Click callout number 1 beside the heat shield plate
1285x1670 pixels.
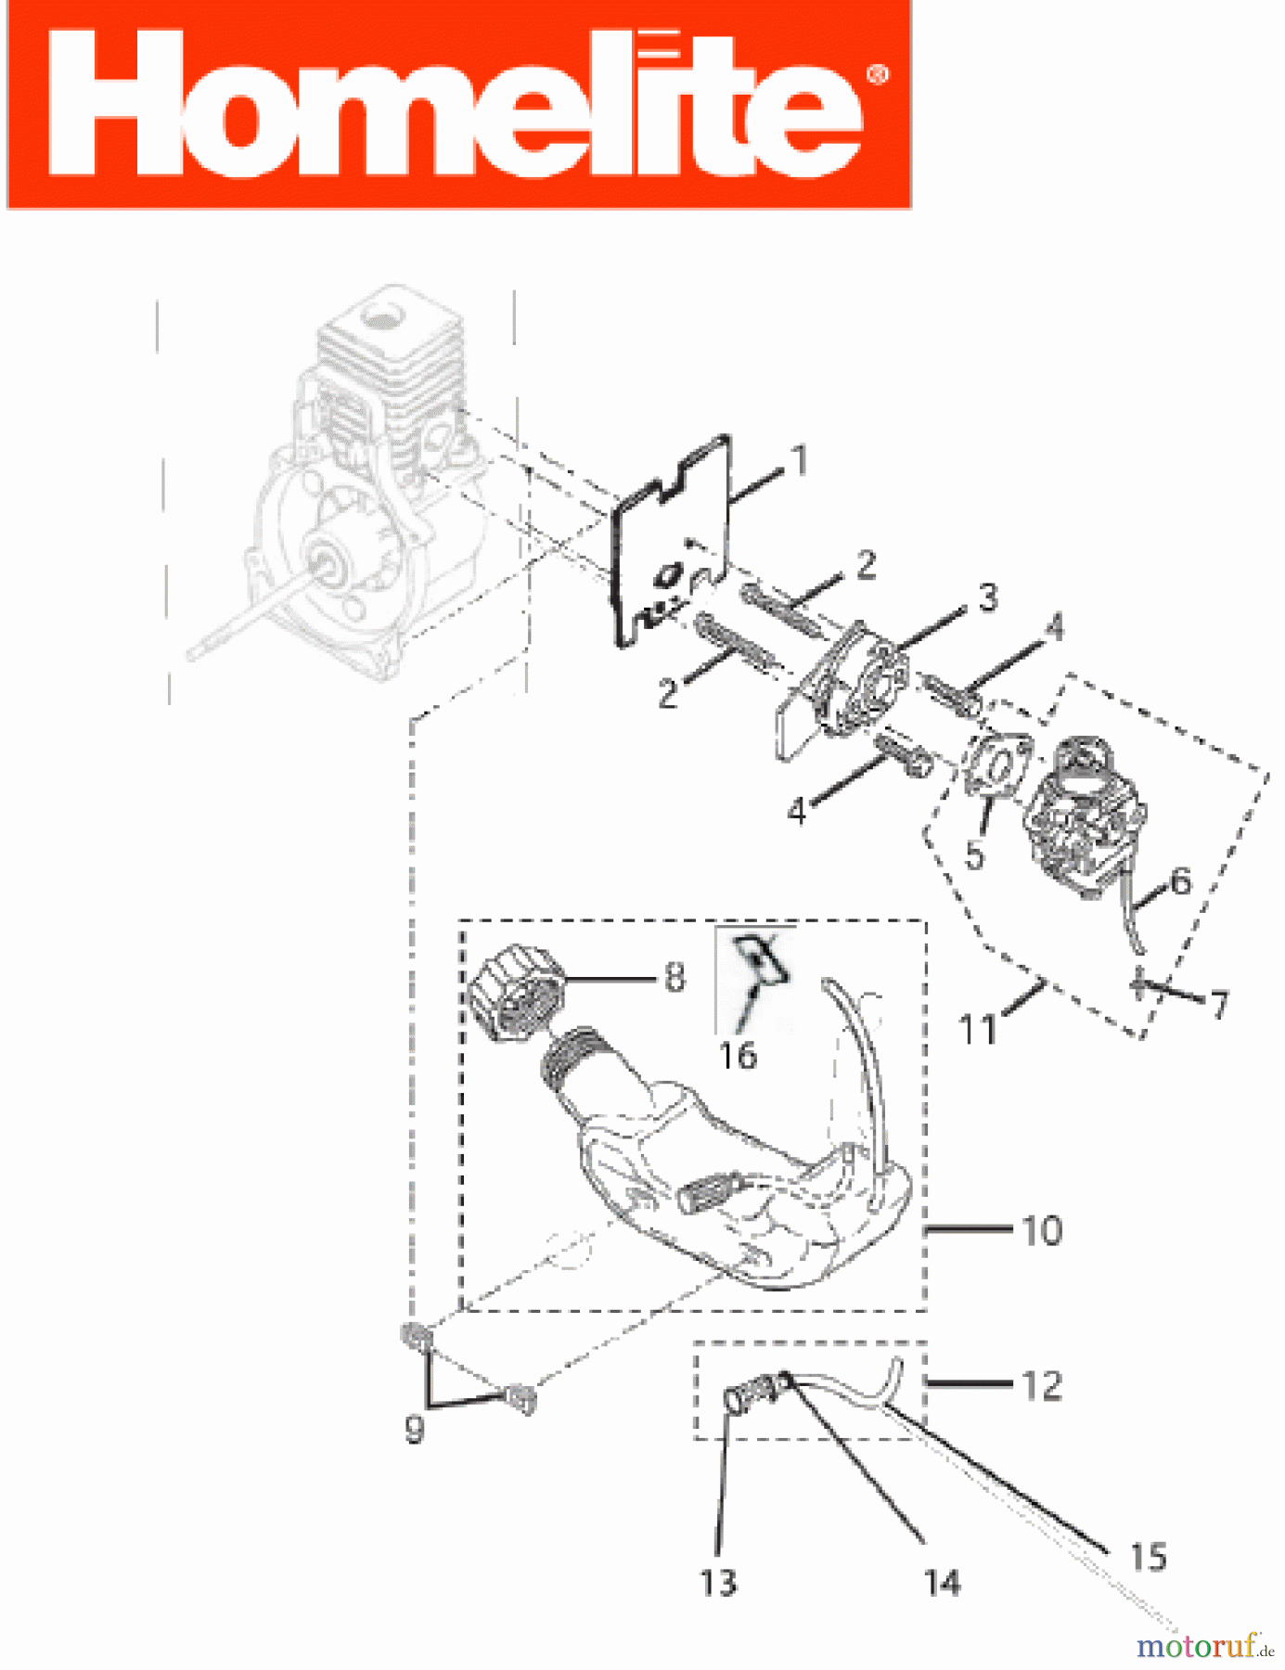(799, 460)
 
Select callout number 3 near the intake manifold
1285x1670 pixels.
(989, 597)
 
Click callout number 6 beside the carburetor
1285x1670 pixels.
(1180, 881)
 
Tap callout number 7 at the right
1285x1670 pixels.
(1219, 1004)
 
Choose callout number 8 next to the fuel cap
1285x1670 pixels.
(675, 977)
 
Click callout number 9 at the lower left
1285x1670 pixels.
(415, 1429)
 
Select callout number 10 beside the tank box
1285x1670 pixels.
(1042, 1231)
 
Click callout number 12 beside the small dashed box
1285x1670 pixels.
(1042, 1386)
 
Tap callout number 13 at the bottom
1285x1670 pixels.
(718, 1583)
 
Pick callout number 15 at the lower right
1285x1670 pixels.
(1148, 1557)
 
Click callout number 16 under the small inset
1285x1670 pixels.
(739, 1056)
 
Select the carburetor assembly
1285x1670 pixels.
(1073, 821)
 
